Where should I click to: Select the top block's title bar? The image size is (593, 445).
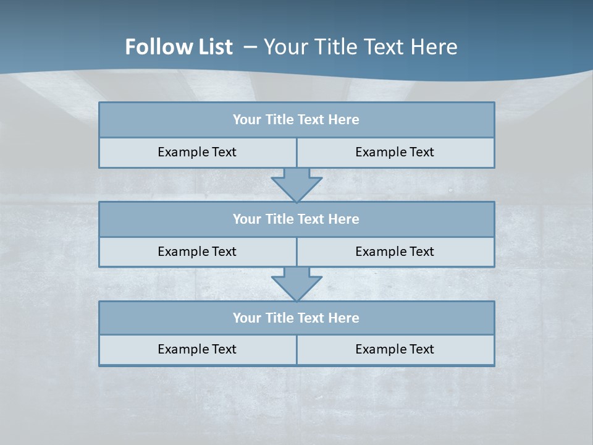click(x=296, y=120)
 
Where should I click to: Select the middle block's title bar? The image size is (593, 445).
click(x=296, y=219)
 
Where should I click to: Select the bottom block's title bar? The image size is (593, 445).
click(x=296, y=318)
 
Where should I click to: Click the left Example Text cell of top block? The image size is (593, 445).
click(x=197, y=153)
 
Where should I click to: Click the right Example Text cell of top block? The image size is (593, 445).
click(x=395, y=153)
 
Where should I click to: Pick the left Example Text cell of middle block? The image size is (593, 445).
click(x=197, y=252)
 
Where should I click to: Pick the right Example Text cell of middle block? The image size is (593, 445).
click(x=395, y=252)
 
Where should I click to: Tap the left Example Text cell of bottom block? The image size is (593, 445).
click(x=197, y=350)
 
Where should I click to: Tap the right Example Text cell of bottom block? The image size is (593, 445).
click(x=395, y=350)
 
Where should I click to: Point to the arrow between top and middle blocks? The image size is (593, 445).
click(x=296, y=184)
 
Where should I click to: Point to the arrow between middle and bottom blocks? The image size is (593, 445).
click(x=296, y=284)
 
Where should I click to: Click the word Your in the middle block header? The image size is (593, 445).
click(x=246, y=219)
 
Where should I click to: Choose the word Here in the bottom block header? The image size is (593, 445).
click(x=344, y=318)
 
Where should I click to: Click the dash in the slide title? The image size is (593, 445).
click(x=251, y=47)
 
